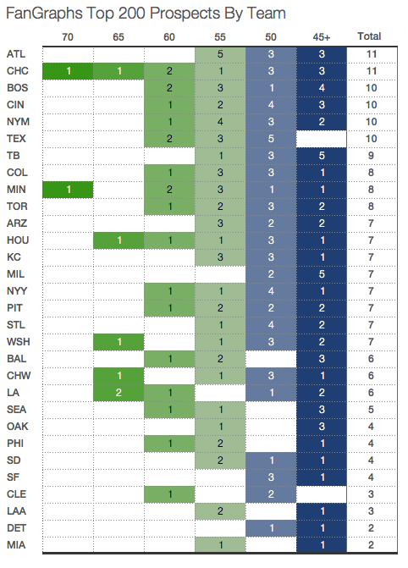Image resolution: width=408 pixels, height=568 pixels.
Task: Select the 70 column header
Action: (68, 36)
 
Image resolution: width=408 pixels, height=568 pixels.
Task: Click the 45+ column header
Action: (322, 36)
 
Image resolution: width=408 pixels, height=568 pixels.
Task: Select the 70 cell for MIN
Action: (68, 189)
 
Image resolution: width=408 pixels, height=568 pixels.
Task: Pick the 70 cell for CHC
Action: (68, 71)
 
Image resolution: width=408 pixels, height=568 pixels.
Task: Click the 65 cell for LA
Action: (119, 392)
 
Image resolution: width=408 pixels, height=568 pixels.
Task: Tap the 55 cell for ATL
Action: (220, 54)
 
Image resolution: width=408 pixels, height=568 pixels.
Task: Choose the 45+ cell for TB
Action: (322, 155)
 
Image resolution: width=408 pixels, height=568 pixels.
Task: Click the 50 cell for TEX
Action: (271, 138)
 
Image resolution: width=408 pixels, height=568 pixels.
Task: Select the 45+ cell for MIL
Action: (322, 273)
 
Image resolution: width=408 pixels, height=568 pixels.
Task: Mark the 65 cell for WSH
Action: (119, 341)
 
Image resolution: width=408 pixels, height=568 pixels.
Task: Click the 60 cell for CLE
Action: (169, 493)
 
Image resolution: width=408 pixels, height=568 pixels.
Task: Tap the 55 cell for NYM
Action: (220, 121)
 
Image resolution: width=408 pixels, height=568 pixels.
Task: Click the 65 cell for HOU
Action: (119, 240)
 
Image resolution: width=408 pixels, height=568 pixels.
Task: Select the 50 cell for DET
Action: (271, 527)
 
